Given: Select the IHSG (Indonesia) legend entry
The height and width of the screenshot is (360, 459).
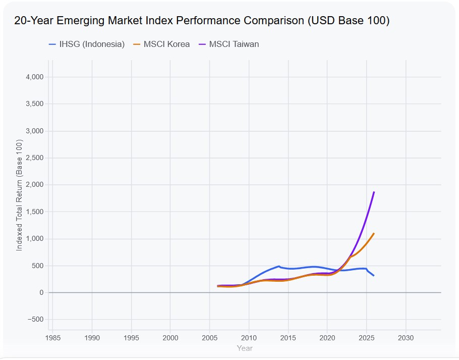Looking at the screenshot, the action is [87, 44].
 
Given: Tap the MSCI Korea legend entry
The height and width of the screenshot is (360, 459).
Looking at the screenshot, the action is [161, 44].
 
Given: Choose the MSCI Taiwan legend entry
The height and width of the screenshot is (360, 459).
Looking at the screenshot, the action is [228, 44].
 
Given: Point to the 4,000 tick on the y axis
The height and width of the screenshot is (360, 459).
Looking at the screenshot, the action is [34, 77].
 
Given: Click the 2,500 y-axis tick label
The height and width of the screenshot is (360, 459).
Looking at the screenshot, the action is [34, 158].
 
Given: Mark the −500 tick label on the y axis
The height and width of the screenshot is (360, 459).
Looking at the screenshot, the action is [35, 319].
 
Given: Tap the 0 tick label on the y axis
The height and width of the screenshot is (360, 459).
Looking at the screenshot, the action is [41, 292].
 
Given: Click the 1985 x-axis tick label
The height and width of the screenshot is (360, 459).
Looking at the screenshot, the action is [53, 338].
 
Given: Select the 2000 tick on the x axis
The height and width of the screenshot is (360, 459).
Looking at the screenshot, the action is [170, 338].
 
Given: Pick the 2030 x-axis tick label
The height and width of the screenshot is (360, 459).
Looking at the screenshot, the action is [406, 338].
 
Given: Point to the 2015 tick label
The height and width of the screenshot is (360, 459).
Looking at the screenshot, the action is [288, 338].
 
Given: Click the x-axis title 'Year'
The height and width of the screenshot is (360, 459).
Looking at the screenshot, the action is [245, 348].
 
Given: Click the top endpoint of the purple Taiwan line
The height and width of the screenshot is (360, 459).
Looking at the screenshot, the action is [374, 192].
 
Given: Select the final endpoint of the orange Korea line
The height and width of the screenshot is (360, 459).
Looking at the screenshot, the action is [374, 233].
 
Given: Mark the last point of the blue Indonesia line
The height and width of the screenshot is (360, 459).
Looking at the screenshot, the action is [374, 276].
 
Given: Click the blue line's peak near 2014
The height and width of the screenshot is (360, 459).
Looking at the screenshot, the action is [279, 266].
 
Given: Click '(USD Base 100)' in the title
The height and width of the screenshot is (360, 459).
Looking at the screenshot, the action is [349, 21].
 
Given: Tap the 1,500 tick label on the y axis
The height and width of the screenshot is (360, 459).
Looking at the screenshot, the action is [34, 212].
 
